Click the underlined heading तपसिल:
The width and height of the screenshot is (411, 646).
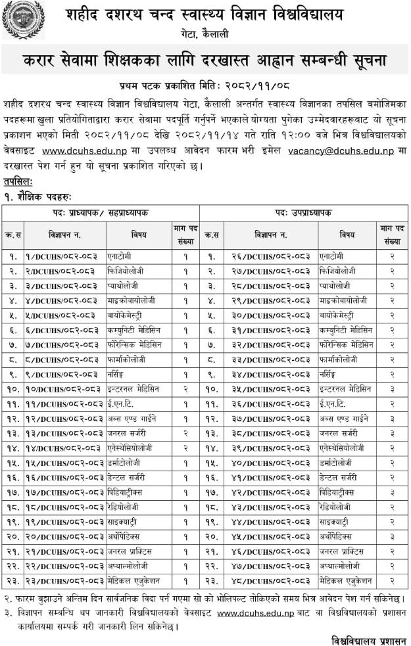coord(17,181)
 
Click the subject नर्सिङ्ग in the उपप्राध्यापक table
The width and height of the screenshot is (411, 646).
coord(334,375)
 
